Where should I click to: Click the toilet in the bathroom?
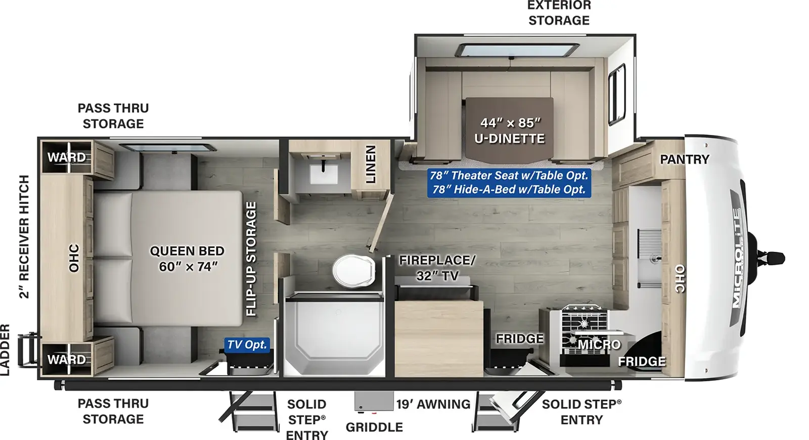(353, 271)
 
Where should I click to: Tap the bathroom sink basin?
(324, 174)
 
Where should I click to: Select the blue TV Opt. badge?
(247, 344)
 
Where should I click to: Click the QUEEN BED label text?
(187, 251)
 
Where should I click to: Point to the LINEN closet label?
(371, 164)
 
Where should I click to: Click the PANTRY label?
(685, 159)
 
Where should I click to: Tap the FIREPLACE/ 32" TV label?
(437, 268)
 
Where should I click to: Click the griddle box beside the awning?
(374, 402)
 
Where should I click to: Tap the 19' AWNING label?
(433, 404)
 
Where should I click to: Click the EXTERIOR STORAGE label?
(559, 13)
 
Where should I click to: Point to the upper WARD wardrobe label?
(67, 157)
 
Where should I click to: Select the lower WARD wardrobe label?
(67, 360)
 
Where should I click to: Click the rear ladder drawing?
(28, 350)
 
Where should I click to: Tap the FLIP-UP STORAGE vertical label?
(251, 258)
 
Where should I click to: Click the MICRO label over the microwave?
(599, 344)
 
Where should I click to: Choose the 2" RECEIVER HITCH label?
(24, 237)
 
